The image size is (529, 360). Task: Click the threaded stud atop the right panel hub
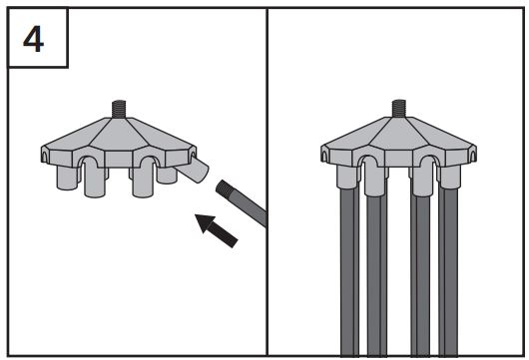coord(399,105)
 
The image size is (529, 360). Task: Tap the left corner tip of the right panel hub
coord(324,154)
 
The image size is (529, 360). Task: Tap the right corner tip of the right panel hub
coord(475,154)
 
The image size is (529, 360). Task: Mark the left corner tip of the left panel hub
coord(42,154)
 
